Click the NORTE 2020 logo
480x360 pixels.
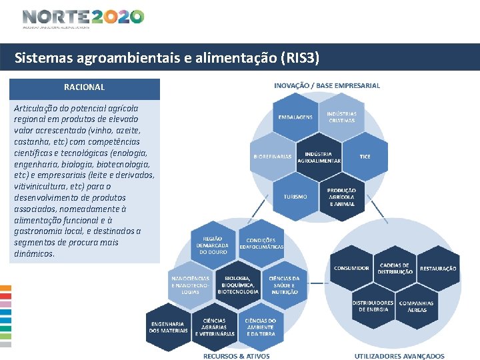click(83, 17)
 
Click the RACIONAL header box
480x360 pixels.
click(84, 88)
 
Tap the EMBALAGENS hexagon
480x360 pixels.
click(295, 117)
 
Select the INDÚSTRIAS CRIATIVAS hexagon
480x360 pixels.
click(341, 117)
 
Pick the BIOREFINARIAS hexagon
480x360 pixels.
click(273, 157)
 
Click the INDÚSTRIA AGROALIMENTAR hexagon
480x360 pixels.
click(319, 157)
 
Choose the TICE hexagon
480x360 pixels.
click(365, 157)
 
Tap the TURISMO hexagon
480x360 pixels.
click(295, 197)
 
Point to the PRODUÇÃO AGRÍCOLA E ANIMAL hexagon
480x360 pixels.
click(341, 196)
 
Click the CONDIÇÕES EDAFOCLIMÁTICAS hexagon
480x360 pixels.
click(261, 243)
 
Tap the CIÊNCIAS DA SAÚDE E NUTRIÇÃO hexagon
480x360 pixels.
click(284, 285)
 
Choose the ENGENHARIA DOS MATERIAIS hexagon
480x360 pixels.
click(168, 326)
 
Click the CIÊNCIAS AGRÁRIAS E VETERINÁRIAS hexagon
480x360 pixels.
click(214, 326)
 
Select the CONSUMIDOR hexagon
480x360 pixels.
click(351, 268)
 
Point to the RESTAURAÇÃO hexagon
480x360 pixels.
click(438, 269)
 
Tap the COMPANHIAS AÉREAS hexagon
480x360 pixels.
click(416, 306)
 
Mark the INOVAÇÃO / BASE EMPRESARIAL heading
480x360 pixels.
click(327, 85)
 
